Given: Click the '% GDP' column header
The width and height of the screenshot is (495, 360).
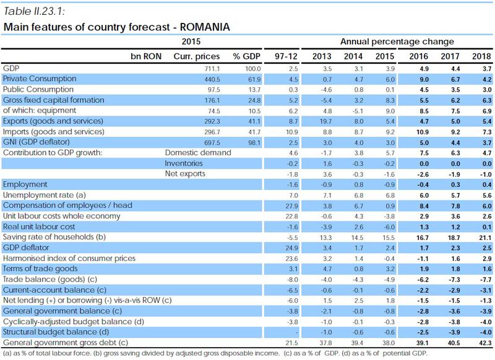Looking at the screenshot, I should [x=244, y=56].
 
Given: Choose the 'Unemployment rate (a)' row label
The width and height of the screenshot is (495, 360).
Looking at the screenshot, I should [x=40, y=194].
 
